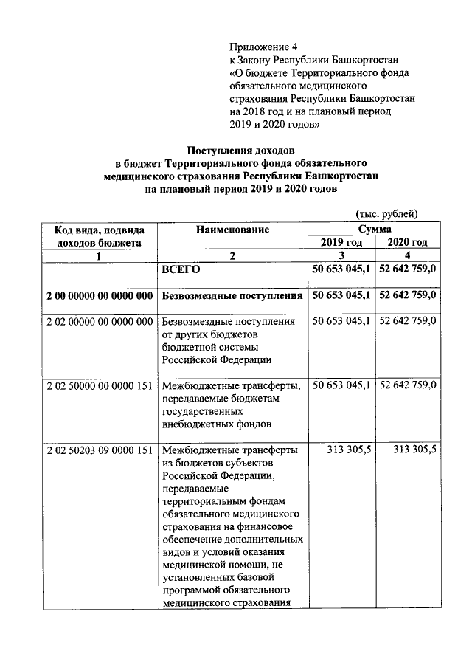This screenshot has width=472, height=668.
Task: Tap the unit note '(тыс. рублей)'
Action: [x=386, y=214]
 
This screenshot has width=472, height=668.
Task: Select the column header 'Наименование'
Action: [x=232, y=230]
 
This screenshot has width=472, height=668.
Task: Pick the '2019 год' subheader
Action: [x=341, y=242]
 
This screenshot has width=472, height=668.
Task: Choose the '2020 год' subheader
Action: [x=406, y=242]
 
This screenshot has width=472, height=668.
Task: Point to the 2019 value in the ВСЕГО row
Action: [x=341, y=269]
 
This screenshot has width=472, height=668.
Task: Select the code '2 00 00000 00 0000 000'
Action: [x=99, y=296]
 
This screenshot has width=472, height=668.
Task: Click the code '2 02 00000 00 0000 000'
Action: [x=99, y=322]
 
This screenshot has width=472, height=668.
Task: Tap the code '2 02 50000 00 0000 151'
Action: [x=99, y=386]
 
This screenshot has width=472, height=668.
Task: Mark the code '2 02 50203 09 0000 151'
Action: [x=99, y=450]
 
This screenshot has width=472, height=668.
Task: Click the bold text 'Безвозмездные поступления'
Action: [x=232, y=296]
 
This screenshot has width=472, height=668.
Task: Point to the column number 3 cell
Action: [x=341, y=255]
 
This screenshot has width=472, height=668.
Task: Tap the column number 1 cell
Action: [x=99, y=255]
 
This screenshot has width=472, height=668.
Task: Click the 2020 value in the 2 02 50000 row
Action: [x=406, y=386]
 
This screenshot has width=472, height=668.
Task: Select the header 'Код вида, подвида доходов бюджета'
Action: [x=99, y=236]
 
